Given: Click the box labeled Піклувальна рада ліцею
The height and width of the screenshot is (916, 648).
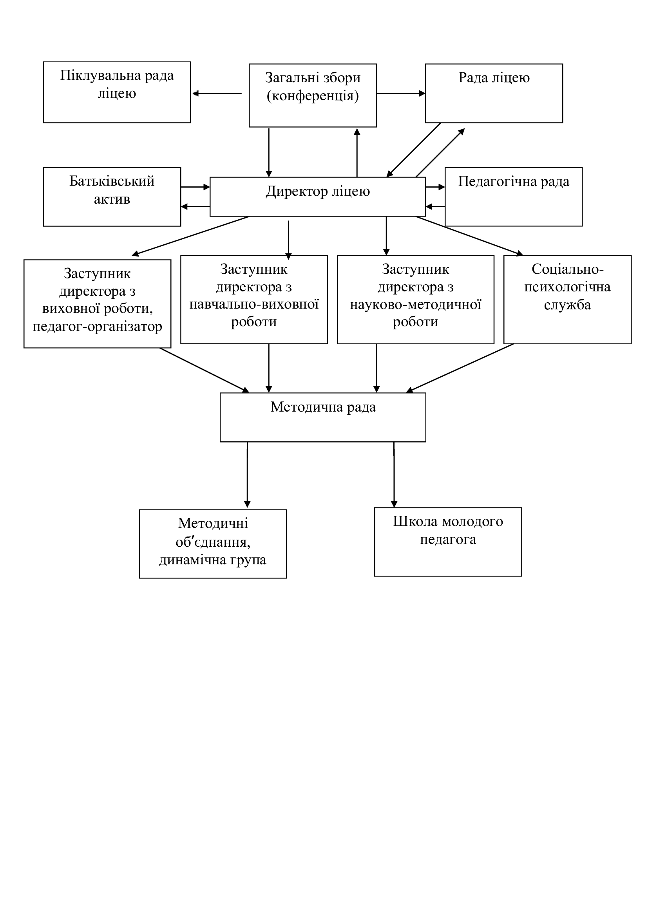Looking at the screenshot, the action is coord(117,92).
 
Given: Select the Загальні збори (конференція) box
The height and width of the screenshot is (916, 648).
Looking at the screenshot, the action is coord(313,95).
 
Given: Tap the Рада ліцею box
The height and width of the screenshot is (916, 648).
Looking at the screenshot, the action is coord(494,93).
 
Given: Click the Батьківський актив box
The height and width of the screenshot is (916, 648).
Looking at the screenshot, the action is coord(112,197).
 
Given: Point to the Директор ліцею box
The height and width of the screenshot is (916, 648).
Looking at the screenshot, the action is coord(318,197).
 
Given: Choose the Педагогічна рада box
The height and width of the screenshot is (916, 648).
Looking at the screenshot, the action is coord(514,197).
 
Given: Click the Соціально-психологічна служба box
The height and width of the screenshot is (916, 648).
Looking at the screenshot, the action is coord(567,300).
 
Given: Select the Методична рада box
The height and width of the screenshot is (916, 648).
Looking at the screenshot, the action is coord(323,417).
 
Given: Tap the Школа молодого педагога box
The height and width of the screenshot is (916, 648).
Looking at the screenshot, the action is coord(448,542).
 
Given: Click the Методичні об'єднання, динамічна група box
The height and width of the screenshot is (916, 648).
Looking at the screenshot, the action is coord(213,544).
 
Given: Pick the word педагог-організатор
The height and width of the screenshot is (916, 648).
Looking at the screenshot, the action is coord(98,326).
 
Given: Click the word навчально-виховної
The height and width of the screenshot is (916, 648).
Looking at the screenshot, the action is coord(254,304).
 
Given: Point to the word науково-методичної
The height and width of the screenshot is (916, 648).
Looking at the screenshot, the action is coord(416,304).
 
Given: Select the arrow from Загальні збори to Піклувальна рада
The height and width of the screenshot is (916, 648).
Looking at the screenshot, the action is coord(217,94).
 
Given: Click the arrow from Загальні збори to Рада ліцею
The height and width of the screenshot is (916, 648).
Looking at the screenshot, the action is coord(401,93).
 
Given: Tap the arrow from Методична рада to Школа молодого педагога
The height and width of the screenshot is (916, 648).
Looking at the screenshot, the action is coord(394,475).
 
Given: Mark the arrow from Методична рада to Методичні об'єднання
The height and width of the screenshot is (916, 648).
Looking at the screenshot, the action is coord(247,475).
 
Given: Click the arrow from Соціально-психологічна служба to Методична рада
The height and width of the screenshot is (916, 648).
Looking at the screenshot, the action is coord(460,368).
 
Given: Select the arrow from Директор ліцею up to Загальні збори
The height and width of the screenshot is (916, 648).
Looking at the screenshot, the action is coord(357,152).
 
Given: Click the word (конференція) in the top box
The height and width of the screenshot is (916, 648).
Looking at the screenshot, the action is coord(313,96).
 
